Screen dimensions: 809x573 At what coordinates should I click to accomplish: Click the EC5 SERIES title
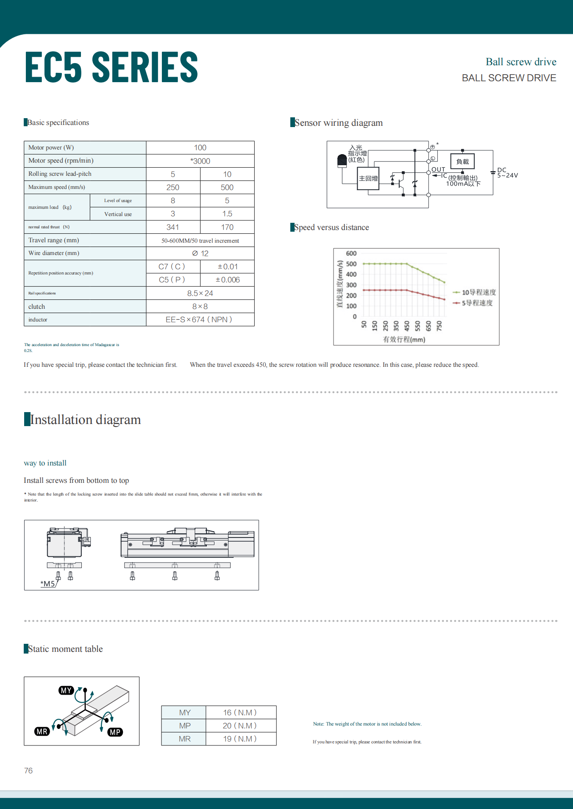click(111, 67)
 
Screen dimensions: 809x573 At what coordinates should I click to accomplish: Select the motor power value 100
click(200, 147)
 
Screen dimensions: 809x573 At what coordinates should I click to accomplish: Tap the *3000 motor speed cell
click(200, 161)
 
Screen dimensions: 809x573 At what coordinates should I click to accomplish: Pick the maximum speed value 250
click(173, 187)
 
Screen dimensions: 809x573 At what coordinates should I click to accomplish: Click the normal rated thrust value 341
click(173, 227)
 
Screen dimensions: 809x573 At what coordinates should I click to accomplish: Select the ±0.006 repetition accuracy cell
click(228, 280)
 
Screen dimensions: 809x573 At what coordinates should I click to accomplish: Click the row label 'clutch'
click(37, 307)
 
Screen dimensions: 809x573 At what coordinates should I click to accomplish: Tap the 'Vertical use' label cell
click(118, 214)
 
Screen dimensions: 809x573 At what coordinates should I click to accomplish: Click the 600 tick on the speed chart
click(351, 253)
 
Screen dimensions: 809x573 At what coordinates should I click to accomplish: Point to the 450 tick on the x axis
click(407, 325)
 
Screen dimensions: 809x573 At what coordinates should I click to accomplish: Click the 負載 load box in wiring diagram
click(462, 161)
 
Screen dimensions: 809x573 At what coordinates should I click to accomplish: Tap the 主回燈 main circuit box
click(368, 178)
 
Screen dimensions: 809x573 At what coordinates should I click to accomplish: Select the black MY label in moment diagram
click(66, 690)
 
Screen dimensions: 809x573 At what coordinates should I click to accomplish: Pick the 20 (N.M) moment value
click(240, 726)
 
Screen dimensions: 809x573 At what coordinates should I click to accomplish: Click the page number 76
click(28, 770)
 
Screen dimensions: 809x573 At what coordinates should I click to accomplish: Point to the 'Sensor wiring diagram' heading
click(339, 123)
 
